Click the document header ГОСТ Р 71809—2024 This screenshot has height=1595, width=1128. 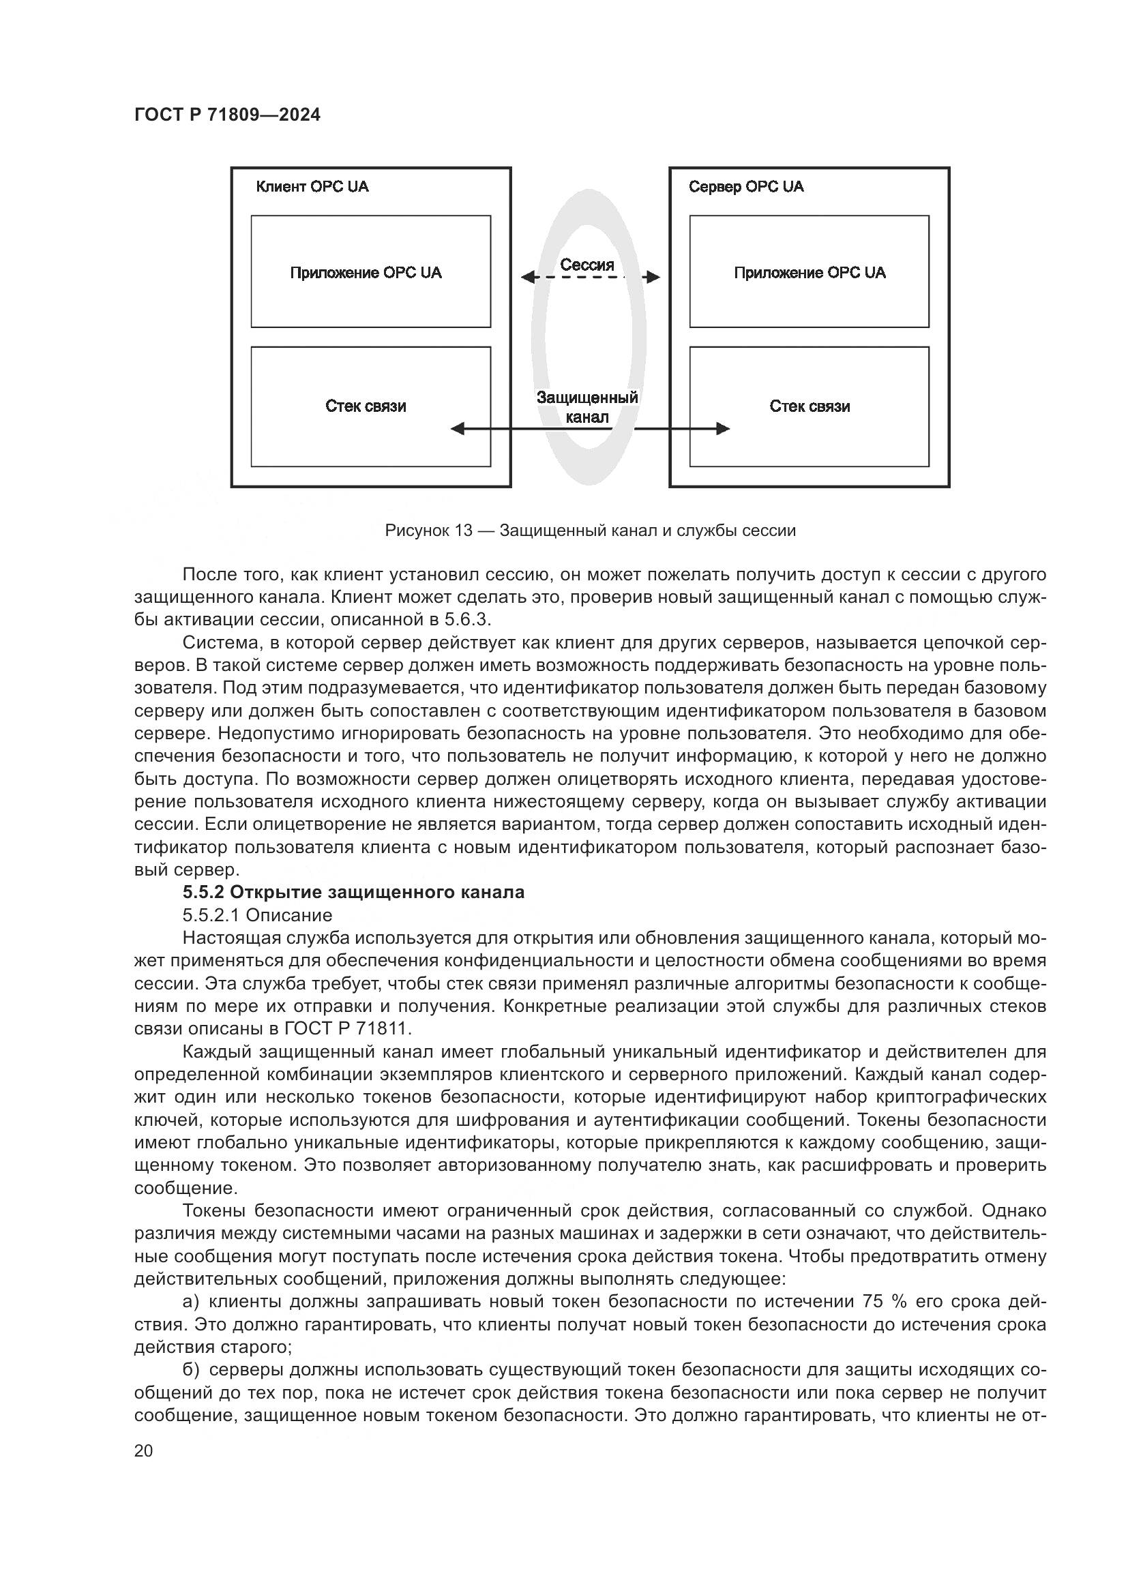[227, 115]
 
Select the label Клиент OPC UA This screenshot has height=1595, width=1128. [312, 187]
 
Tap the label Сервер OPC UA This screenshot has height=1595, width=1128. [746, 187]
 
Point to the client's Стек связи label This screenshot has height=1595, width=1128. [366, 406]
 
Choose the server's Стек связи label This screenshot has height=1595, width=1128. [810, 406]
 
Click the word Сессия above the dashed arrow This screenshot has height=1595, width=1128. [587, 265]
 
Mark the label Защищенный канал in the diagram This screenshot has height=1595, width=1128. [587, 407]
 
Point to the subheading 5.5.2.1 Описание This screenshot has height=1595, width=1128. [257, 915]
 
